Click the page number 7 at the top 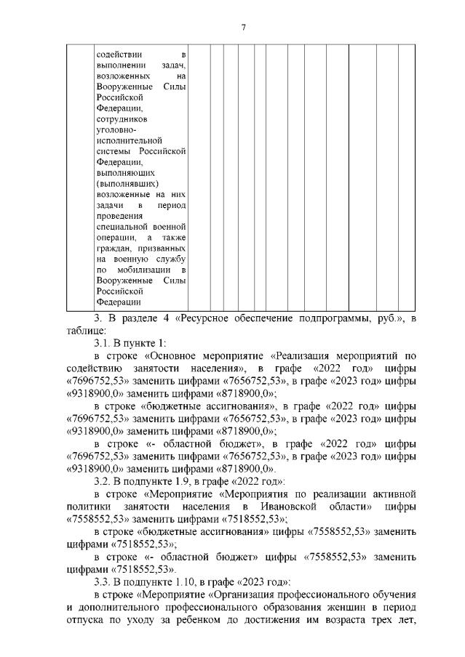click(243, 27)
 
